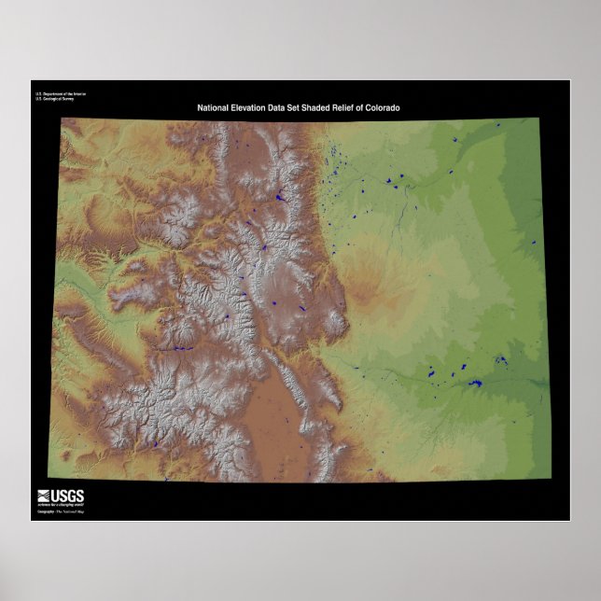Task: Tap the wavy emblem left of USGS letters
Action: tap(45, 496)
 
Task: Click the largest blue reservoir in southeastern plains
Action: tap(475, 383)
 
